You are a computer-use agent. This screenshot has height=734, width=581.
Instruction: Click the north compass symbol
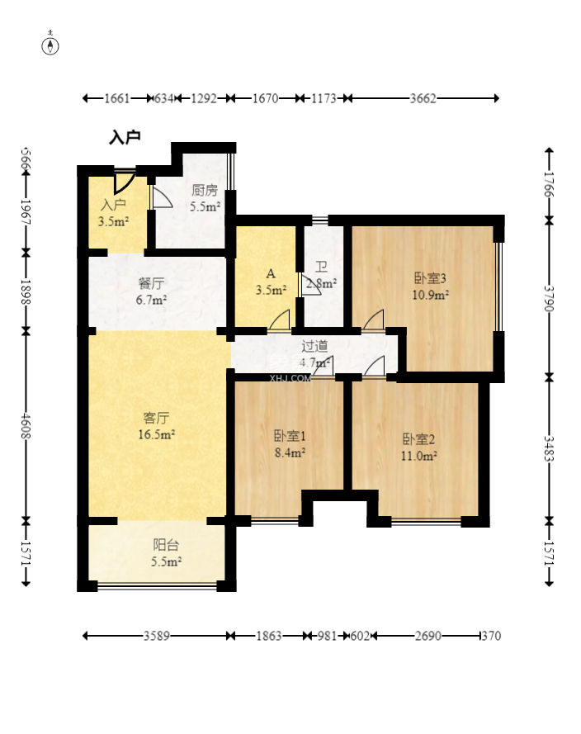tap(50, 46)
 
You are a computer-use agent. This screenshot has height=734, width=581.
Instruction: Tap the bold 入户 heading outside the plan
tap(125, 138)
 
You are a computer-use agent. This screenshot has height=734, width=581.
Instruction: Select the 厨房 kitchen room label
tap(205, 191)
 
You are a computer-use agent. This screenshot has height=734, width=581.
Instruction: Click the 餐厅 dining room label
tap(152, 283)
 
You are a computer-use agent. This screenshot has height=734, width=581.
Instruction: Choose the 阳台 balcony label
tap(166, 545)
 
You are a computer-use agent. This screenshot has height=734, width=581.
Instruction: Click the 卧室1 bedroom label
tap(290, 436)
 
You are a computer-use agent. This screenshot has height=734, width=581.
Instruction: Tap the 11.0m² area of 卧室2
tap(419, 456)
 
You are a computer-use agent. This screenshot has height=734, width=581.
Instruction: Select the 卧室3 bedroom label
tap(430, 278)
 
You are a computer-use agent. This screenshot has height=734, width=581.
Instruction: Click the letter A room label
tap(271, 274)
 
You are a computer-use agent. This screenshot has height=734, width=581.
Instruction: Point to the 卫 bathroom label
tap(321, 268)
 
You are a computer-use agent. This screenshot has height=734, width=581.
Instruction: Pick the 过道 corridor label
tap(314, 347)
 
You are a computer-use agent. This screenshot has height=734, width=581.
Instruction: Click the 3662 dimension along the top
tap(423, 98)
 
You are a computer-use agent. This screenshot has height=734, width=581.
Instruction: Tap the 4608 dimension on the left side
tap(26, 425)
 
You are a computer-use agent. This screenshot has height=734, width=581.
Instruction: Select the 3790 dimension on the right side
tap(549, 299)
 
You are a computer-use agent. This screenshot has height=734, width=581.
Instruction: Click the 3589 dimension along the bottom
tap(156, 636)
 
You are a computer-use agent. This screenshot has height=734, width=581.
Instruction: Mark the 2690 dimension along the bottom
tap(428, 636)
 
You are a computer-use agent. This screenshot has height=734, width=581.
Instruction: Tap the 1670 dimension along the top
tap(265, 98)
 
